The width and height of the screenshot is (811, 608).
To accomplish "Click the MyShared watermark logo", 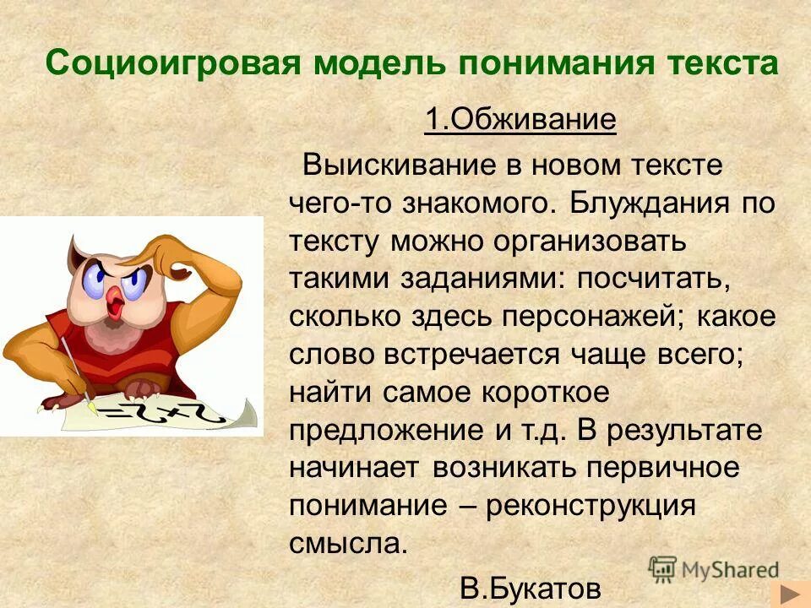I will [x=714, y=569].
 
